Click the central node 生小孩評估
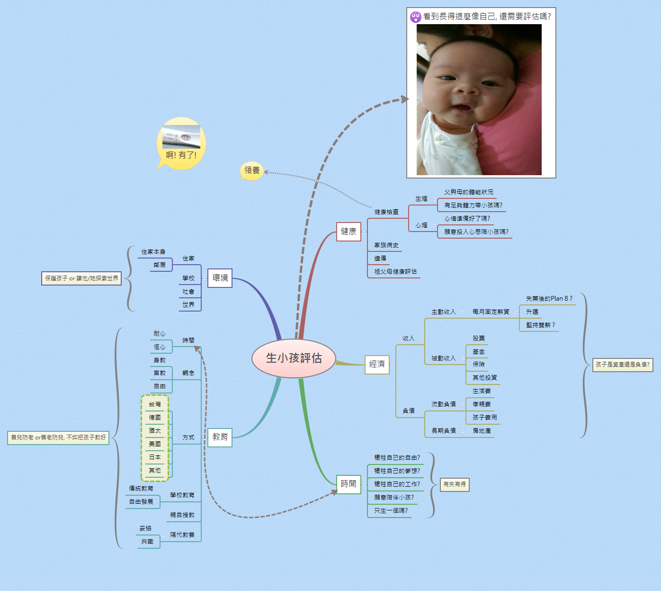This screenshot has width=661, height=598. pos(294,358)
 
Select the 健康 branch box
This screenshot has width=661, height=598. pos(348,232)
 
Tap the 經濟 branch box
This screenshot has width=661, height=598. pos(377,364)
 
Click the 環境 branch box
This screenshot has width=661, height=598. pos(220,278)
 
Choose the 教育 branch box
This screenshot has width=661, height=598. pos(220,437)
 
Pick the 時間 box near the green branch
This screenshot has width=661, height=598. pos(348,484)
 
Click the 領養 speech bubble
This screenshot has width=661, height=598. pos(252,170)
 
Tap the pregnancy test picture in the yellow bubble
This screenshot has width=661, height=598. pos(181,137)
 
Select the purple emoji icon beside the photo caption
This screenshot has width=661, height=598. pos(415,17)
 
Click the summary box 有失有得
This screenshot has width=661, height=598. pos(455,484)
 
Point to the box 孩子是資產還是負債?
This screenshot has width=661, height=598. pos(623,365)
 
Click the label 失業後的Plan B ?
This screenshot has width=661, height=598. pos(549,299)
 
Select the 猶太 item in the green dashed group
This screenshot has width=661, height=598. pos(155,431)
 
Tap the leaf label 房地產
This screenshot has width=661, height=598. pos(482,431)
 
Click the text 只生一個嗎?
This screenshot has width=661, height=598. pos(391,511)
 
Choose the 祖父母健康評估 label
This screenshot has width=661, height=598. pos(395,272)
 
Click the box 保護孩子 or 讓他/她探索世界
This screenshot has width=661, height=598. pos(81,278)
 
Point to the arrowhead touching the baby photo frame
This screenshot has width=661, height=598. pos(404,99)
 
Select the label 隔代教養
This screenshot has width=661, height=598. pos(182,535)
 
